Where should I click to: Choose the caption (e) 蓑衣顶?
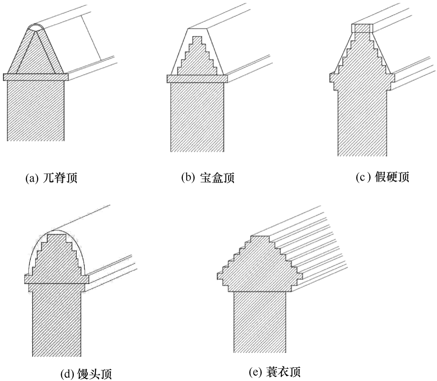274,372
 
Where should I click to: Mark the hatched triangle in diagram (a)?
36,56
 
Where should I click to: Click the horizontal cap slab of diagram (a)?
36,77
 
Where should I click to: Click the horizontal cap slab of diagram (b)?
197,78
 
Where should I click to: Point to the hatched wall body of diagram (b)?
197,116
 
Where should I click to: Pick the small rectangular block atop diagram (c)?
362,28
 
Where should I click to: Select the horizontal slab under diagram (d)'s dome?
57,279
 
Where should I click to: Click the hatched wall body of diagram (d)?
57,322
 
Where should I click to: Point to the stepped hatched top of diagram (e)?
260,266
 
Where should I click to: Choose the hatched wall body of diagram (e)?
260,322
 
